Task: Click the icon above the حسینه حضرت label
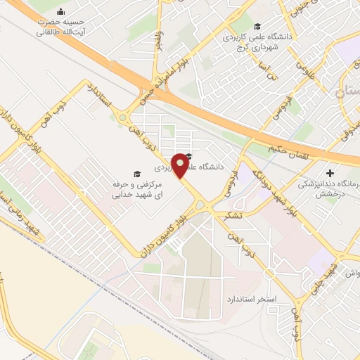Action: coord(60,11)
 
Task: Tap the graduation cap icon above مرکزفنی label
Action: coord(136,174)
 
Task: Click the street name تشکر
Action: coord(231,216)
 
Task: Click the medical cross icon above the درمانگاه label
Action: coord(330,172)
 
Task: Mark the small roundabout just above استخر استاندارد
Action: coord(268,274)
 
